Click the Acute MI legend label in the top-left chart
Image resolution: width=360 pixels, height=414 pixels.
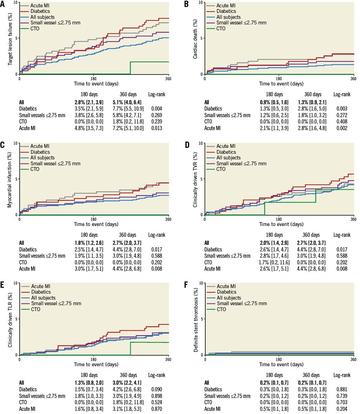coord(40,6)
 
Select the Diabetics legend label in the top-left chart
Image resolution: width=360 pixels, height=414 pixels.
coord(40,12)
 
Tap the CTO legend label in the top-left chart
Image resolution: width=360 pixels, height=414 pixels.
coord(35,29)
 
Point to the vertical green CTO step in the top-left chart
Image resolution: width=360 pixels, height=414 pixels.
coord(130,68)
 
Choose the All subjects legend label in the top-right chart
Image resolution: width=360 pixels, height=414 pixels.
coord(228,17)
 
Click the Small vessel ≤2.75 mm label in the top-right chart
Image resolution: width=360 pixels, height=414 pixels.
coord(241,23)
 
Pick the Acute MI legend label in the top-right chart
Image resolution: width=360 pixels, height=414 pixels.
coord(226,6)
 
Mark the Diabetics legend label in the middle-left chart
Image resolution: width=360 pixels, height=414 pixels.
coord(40,152)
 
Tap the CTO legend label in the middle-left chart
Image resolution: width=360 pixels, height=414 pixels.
coord(35,169)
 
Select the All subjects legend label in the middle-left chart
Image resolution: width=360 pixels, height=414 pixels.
coord(43,158)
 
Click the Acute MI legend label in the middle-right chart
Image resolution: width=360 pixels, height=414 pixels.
coord(226,146)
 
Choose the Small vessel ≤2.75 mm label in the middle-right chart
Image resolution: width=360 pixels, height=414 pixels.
coord(241,164)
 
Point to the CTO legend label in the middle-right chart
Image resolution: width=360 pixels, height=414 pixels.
coord(221,169)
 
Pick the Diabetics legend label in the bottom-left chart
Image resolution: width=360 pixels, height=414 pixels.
coord(41,292)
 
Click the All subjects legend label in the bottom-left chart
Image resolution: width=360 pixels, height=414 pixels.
coord(43,298)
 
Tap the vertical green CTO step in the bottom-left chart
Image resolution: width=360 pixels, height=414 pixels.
coord(130,349)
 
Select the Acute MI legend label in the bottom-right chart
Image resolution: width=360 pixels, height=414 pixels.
coord(226,286)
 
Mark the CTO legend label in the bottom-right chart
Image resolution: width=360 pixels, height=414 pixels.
coord(221,309)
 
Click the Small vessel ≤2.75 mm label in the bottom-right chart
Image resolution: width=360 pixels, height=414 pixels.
coord(242,303)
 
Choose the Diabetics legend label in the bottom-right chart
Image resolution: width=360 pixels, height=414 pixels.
coord(227,292)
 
